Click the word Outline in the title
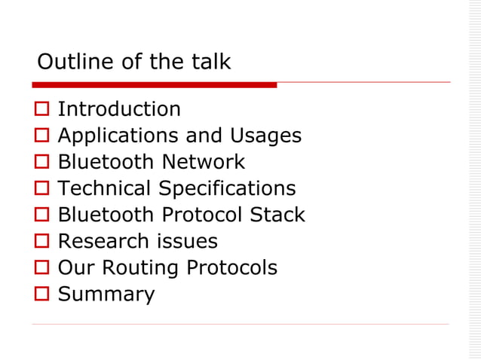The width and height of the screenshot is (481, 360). click(70, 62)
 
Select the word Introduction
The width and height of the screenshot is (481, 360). click(119, 109)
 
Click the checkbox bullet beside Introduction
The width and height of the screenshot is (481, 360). click(41, 110)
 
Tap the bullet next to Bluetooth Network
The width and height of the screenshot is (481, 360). click(41, 163)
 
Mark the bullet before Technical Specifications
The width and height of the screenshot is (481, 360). click(41, 189)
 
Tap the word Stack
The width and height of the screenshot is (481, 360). click(277, 215)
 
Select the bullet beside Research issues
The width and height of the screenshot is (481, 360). click(41, 242)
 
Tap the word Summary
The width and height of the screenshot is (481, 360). click(106, 294)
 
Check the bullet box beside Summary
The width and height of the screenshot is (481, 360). click(41, 294)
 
